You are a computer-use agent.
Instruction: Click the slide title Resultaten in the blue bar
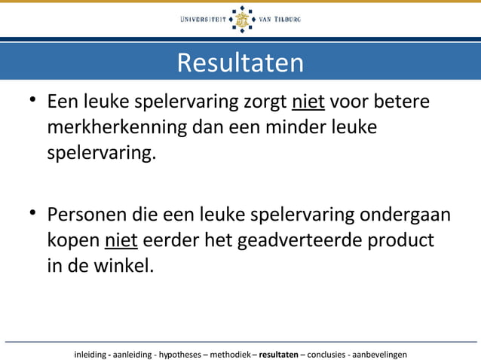point(240,63)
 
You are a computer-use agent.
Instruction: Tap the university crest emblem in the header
point(241,20)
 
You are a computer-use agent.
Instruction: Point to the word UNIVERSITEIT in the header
point(204,20)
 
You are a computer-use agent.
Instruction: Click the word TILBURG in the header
point(287,20)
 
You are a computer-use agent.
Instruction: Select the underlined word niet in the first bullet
point(308,101)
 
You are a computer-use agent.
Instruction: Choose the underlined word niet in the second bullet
point(121,240)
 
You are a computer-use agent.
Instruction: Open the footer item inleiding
point(90,353)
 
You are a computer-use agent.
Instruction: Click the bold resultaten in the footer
point(278,353)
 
